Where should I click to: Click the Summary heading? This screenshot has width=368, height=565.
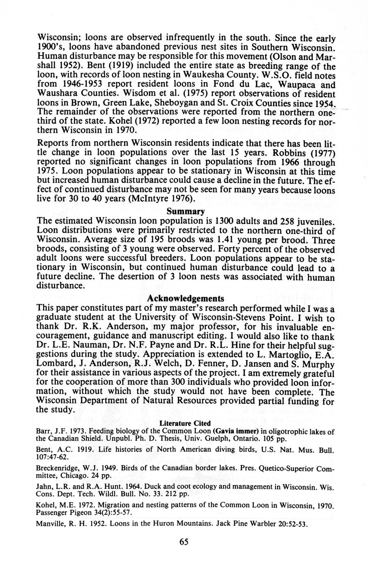click(x=185, y=212)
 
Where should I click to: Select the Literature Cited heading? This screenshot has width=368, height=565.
click(x=185, y=423)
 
